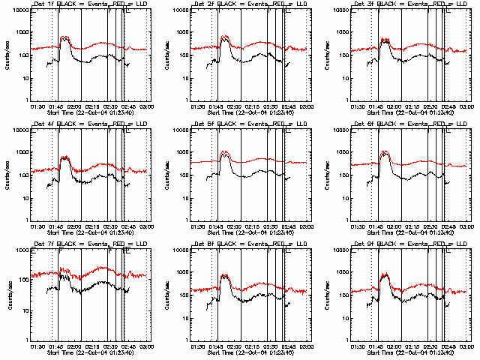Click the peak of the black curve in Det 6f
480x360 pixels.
[385, 153]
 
